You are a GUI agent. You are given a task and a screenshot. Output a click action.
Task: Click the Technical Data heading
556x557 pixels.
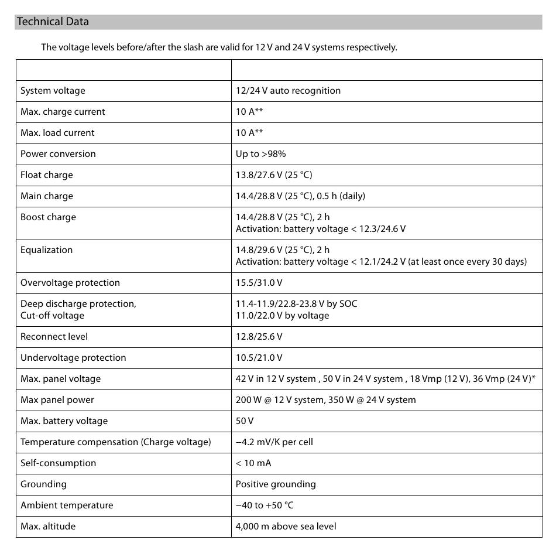coord(53,22)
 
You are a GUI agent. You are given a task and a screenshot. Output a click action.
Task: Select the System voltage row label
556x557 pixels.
coord(53,91)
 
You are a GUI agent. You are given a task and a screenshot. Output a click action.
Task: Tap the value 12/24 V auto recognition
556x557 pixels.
coord(288,91)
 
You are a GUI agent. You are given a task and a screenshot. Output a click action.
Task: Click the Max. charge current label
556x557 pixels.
coord(63,112)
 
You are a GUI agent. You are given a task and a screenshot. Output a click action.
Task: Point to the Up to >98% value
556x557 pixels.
coord(260,154)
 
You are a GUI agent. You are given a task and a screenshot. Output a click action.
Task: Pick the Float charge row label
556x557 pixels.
coord(47,175)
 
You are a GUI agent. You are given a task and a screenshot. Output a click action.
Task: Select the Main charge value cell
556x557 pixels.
coord(300,196)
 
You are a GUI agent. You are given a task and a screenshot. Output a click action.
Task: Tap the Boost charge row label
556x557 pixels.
coord(48,217)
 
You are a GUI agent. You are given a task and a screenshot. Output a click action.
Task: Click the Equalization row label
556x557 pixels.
coord(47,250)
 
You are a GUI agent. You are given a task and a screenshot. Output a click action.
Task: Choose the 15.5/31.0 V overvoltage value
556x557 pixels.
coord(259,283)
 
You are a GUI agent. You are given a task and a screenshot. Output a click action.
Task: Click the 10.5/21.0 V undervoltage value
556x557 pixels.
coord(259,358)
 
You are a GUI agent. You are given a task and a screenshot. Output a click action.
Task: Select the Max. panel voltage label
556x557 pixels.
coord(60,379)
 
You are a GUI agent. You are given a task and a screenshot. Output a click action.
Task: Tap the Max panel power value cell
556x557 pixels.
coord(325,400)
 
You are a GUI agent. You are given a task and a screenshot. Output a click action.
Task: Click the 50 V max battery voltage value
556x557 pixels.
coord(245,421)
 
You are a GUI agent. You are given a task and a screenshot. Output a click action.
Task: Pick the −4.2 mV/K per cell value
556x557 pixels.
coord(274,442)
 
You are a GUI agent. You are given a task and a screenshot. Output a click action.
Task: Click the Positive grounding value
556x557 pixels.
coord(276,484)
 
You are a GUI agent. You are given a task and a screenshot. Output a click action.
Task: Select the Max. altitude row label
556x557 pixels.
coord(48,527)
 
